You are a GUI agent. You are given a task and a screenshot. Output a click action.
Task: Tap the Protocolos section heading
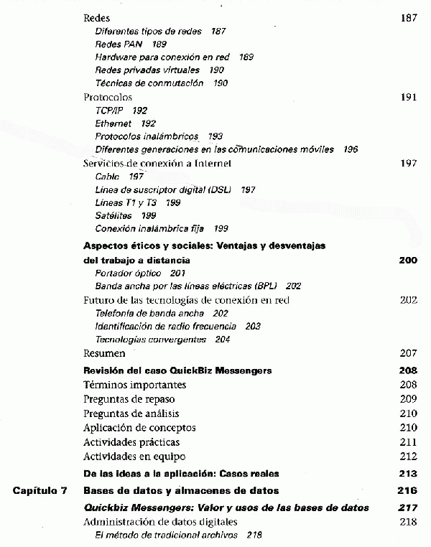click(108, 97)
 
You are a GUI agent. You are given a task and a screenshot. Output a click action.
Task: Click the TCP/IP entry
click(111, 111)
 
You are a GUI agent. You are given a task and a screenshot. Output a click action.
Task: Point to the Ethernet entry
click(113, 123)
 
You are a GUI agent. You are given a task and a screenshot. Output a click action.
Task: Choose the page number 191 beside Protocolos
click(407, 97)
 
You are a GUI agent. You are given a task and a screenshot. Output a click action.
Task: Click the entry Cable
click(108, 177)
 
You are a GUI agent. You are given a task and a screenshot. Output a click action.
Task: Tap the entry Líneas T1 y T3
click(126, 202)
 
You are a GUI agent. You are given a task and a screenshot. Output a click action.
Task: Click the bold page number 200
click(407, 260)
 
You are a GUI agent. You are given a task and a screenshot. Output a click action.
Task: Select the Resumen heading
click(104, 353)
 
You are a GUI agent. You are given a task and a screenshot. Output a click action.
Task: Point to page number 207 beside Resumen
click(407, 353)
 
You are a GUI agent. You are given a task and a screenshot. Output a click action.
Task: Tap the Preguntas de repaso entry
click(129, 399)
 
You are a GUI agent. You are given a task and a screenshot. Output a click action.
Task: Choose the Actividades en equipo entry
click(134, 457)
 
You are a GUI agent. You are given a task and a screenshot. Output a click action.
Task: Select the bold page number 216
click(407, 491)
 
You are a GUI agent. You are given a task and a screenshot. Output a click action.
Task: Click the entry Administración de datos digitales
click(156, 522)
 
